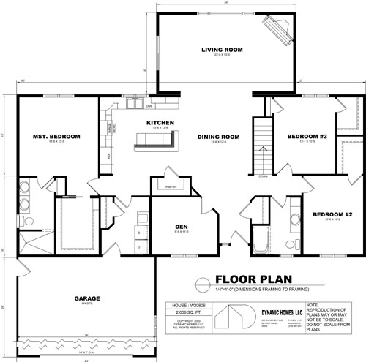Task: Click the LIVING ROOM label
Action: click(222, 50)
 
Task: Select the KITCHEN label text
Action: click(160, 122)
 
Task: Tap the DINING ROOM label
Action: click(218, 136)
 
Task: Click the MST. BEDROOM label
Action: click(55, 137)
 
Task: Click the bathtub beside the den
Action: click(261, 238)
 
